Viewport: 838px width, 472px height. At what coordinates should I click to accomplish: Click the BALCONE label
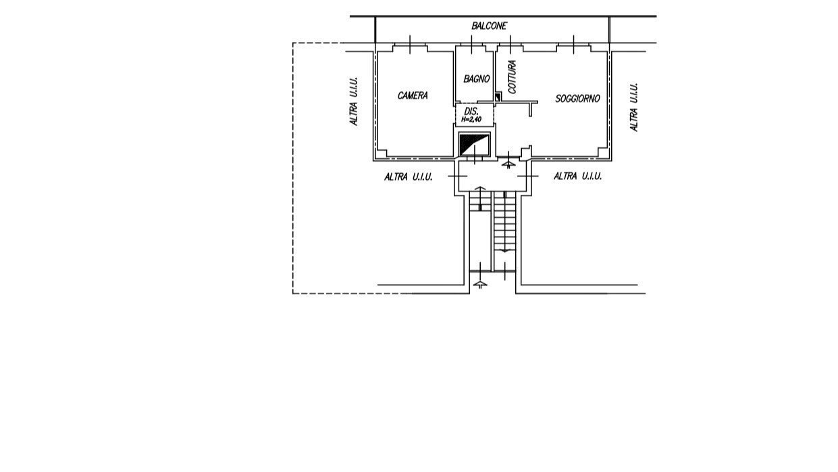[x=489, y=26]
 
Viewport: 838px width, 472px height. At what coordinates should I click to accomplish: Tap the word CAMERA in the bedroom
[x=413, y=95]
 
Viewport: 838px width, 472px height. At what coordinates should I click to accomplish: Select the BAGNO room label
[x=476, y=78]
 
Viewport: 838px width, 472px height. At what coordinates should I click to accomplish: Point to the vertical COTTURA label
[x=512, y=77]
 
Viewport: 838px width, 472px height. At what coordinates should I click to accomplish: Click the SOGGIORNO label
[x=577, y=99]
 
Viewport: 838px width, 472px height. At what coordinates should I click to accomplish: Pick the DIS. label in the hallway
[x=471, y=112]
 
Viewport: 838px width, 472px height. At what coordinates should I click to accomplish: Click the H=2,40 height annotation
[x=471, y=120]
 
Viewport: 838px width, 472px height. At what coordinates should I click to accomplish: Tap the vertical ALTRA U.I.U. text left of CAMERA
[x=354, y=101]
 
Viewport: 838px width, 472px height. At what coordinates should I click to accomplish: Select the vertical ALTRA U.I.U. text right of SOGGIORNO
[x=634, y=107]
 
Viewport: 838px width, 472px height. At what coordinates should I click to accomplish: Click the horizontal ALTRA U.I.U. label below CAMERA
[x=408, y=176]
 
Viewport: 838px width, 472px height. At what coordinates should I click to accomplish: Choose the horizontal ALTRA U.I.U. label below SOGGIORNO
[x=577, y=176]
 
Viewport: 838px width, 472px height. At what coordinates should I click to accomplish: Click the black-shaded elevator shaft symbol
[x=474, y=145]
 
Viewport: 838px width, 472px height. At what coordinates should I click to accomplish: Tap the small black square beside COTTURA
[x=498, y=97]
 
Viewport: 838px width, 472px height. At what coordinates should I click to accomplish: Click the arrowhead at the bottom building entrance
[x=480, y=284]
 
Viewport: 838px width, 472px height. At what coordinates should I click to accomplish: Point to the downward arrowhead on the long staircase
[x=505, y=250]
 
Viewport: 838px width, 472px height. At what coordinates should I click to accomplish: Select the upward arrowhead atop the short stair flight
[x=480, y=188]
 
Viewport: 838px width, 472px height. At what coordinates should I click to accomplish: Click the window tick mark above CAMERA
[x=410, y=45]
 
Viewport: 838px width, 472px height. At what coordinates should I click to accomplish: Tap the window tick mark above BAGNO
[x=471, y=45]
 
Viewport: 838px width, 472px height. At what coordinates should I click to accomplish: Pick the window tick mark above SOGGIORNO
[x=574, y=45]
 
